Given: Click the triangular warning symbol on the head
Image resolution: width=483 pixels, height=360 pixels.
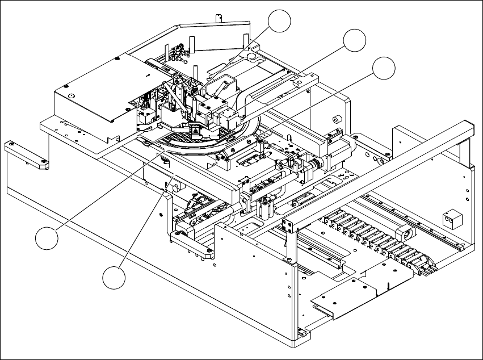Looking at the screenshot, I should (194, 131).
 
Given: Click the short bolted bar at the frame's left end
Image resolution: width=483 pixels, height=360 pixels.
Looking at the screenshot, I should (27, 156).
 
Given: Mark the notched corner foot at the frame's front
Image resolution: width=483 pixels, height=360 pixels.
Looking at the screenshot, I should (300, 336).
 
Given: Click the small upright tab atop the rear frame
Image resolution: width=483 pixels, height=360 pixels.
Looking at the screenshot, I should (219, 17).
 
